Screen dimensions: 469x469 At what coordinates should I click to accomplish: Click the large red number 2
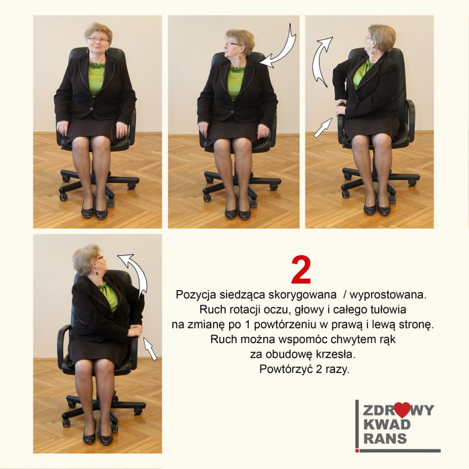(x=301, y=270)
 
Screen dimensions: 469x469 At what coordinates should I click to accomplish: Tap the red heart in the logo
(x=402, y=410)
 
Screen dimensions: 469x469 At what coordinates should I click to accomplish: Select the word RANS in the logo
(x=385, y=438)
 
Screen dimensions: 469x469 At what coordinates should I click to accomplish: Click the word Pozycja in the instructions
(x=196, y=295)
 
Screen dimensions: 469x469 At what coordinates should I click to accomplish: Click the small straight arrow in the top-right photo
(x=323, y=128)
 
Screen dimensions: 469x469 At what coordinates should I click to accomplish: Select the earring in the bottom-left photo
(x=97, y=273)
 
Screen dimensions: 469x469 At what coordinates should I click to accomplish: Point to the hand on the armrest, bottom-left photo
(x=135, y=330)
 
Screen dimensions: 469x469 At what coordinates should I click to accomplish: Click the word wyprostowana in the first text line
(x=388, y=295)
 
